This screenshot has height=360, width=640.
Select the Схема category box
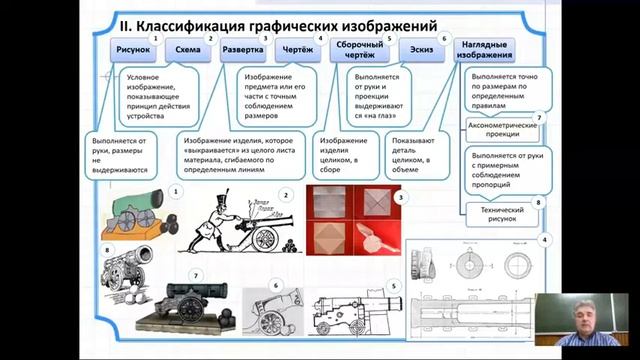coord(187,49)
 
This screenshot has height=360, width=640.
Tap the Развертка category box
coord(243,49)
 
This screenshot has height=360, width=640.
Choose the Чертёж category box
coord(299,49)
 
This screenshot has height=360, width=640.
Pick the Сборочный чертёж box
coord(359,49)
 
